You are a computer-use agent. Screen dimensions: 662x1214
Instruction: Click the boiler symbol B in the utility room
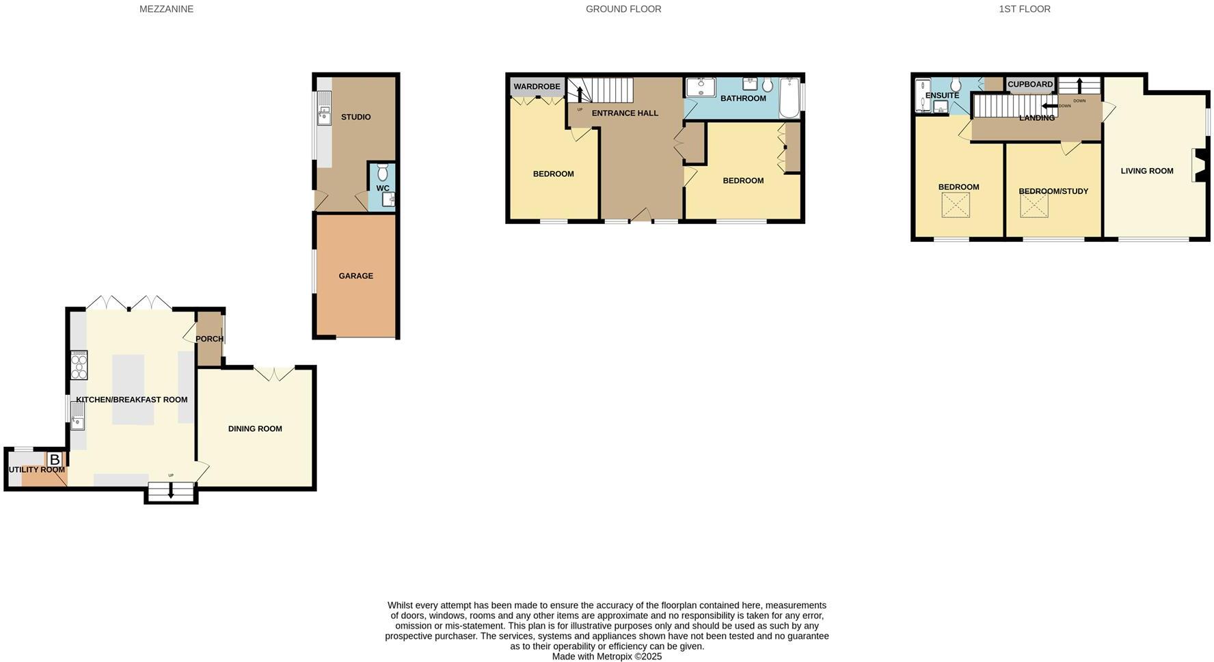[55, 460]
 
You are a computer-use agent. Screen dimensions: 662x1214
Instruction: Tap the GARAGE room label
[355, 276]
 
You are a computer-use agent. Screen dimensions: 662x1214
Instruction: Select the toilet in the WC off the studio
[382, 171]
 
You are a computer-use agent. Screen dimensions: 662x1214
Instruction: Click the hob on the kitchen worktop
[79, 366]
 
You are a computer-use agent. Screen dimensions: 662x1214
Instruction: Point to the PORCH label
[209, 339]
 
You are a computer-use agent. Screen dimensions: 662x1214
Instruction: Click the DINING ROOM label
[255, 429]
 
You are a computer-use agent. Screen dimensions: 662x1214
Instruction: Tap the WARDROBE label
[537, 87]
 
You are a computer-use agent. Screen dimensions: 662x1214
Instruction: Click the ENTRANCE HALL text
[625, 113]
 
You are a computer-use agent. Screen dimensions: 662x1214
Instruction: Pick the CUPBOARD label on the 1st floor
[1030, 85]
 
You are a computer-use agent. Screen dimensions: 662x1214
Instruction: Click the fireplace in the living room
[1199, 165]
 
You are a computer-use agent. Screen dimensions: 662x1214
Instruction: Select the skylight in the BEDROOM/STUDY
[1034, 206]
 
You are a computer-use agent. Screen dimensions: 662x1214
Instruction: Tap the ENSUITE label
[942, 96]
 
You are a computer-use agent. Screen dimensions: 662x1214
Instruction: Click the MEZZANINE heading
[166, 10]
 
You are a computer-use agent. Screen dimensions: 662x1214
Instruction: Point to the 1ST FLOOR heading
[1024, 10]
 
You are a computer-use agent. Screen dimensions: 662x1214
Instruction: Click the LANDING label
[1036, 118]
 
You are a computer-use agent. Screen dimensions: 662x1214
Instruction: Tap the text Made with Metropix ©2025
[606, 657]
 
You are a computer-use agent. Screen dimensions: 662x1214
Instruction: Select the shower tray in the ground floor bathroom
[700, 87]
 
